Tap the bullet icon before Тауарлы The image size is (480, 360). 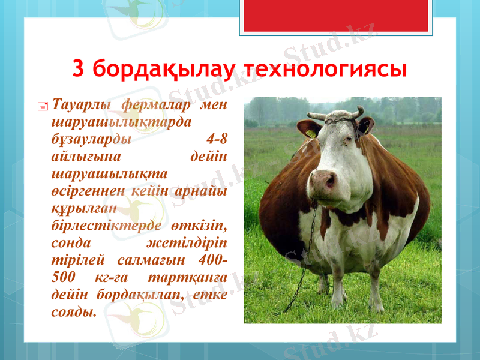(x=43, y=106)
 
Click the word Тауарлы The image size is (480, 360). (x=81, y=105)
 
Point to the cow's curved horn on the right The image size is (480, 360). (x=358, y=112)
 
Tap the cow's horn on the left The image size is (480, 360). (x=316, y=115)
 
